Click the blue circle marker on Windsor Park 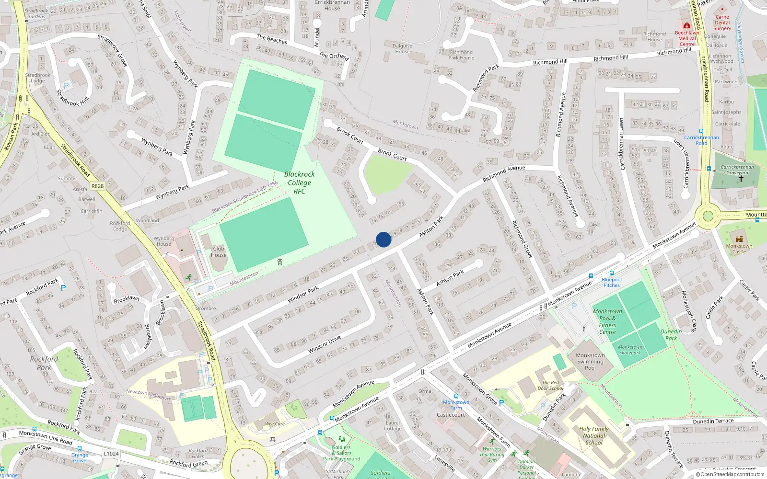pos(383,239)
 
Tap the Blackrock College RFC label pos(299,182)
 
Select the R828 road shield pos(97,186)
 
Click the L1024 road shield pos(111,454)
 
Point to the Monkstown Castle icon pos(739,238)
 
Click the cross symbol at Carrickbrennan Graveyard pos(741,179)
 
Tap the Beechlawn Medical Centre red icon pos(687,26)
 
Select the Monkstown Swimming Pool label pos(590,362)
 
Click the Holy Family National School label pos(594,435)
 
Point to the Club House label pos(219,251)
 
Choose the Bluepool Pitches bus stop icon pos(611,273)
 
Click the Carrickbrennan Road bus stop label pos(701,140)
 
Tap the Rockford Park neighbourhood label pos(44,363)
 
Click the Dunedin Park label pos(671,334)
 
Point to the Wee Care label pos(275,424)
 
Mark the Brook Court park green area pos(386,172)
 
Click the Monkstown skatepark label pos(630,350)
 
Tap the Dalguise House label pos(402,48)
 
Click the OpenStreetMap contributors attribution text pos(730,474)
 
